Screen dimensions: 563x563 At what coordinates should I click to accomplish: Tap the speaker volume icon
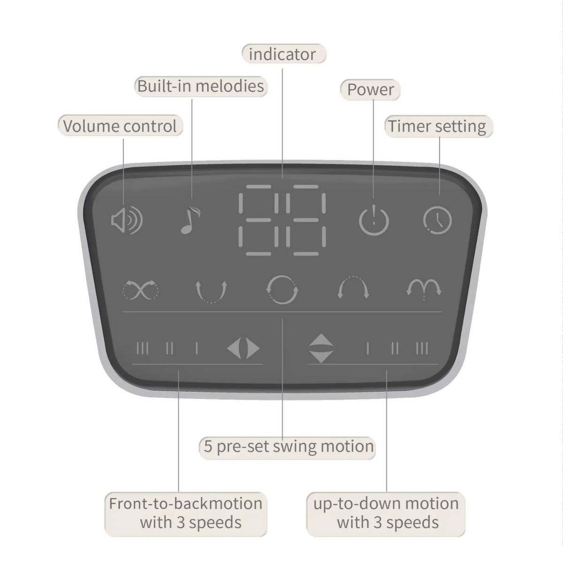point(127,220)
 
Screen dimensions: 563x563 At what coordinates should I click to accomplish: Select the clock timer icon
point(437,221)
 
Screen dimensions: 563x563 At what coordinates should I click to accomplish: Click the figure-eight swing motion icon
point(141,290)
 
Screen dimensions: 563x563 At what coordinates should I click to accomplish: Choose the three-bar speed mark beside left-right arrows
point(142,348)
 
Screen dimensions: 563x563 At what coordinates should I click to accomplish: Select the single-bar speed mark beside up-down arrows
point(367,348)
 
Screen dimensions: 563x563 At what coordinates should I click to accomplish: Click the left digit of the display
point(259,220)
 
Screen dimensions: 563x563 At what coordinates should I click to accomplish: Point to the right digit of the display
point(306,220)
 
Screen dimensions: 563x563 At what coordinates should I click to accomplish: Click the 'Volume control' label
point(120,126)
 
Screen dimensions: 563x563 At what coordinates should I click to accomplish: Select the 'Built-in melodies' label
point(201,86)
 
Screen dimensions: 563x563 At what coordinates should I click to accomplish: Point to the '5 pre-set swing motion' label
point(288,447)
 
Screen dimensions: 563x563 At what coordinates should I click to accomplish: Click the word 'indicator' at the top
point(282,54)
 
